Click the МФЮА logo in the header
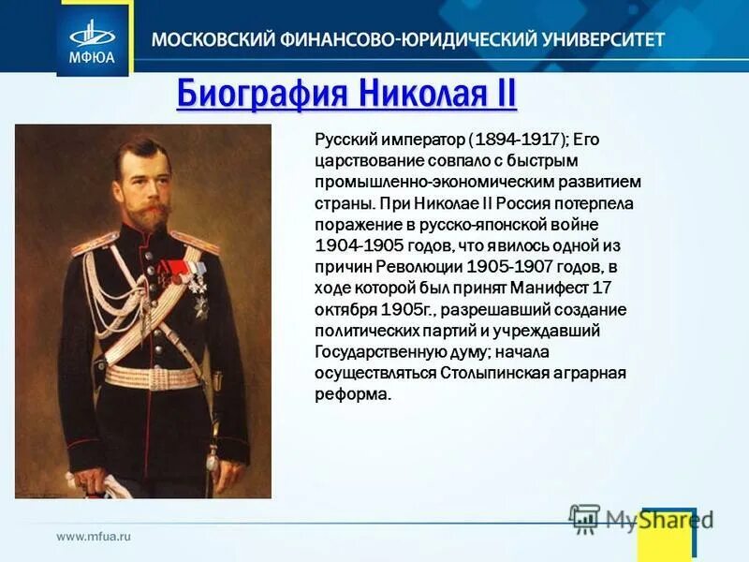click(x=93, y=38)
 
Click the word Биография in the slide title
click(x=248, y=95)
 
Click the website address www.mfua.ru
click(x=94, y=537)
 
